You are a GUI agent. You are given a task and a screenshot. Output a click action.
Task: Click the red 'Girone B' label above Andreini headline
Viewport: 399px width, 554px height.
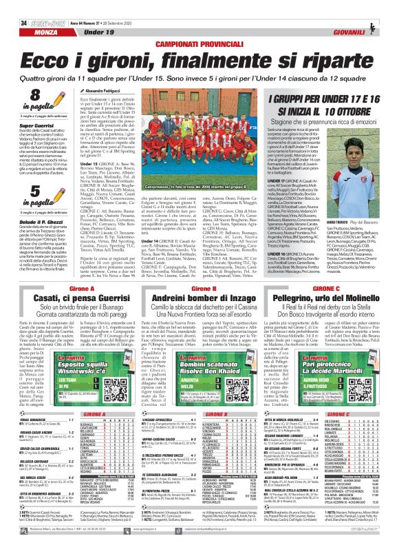(x=199, y=248)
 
